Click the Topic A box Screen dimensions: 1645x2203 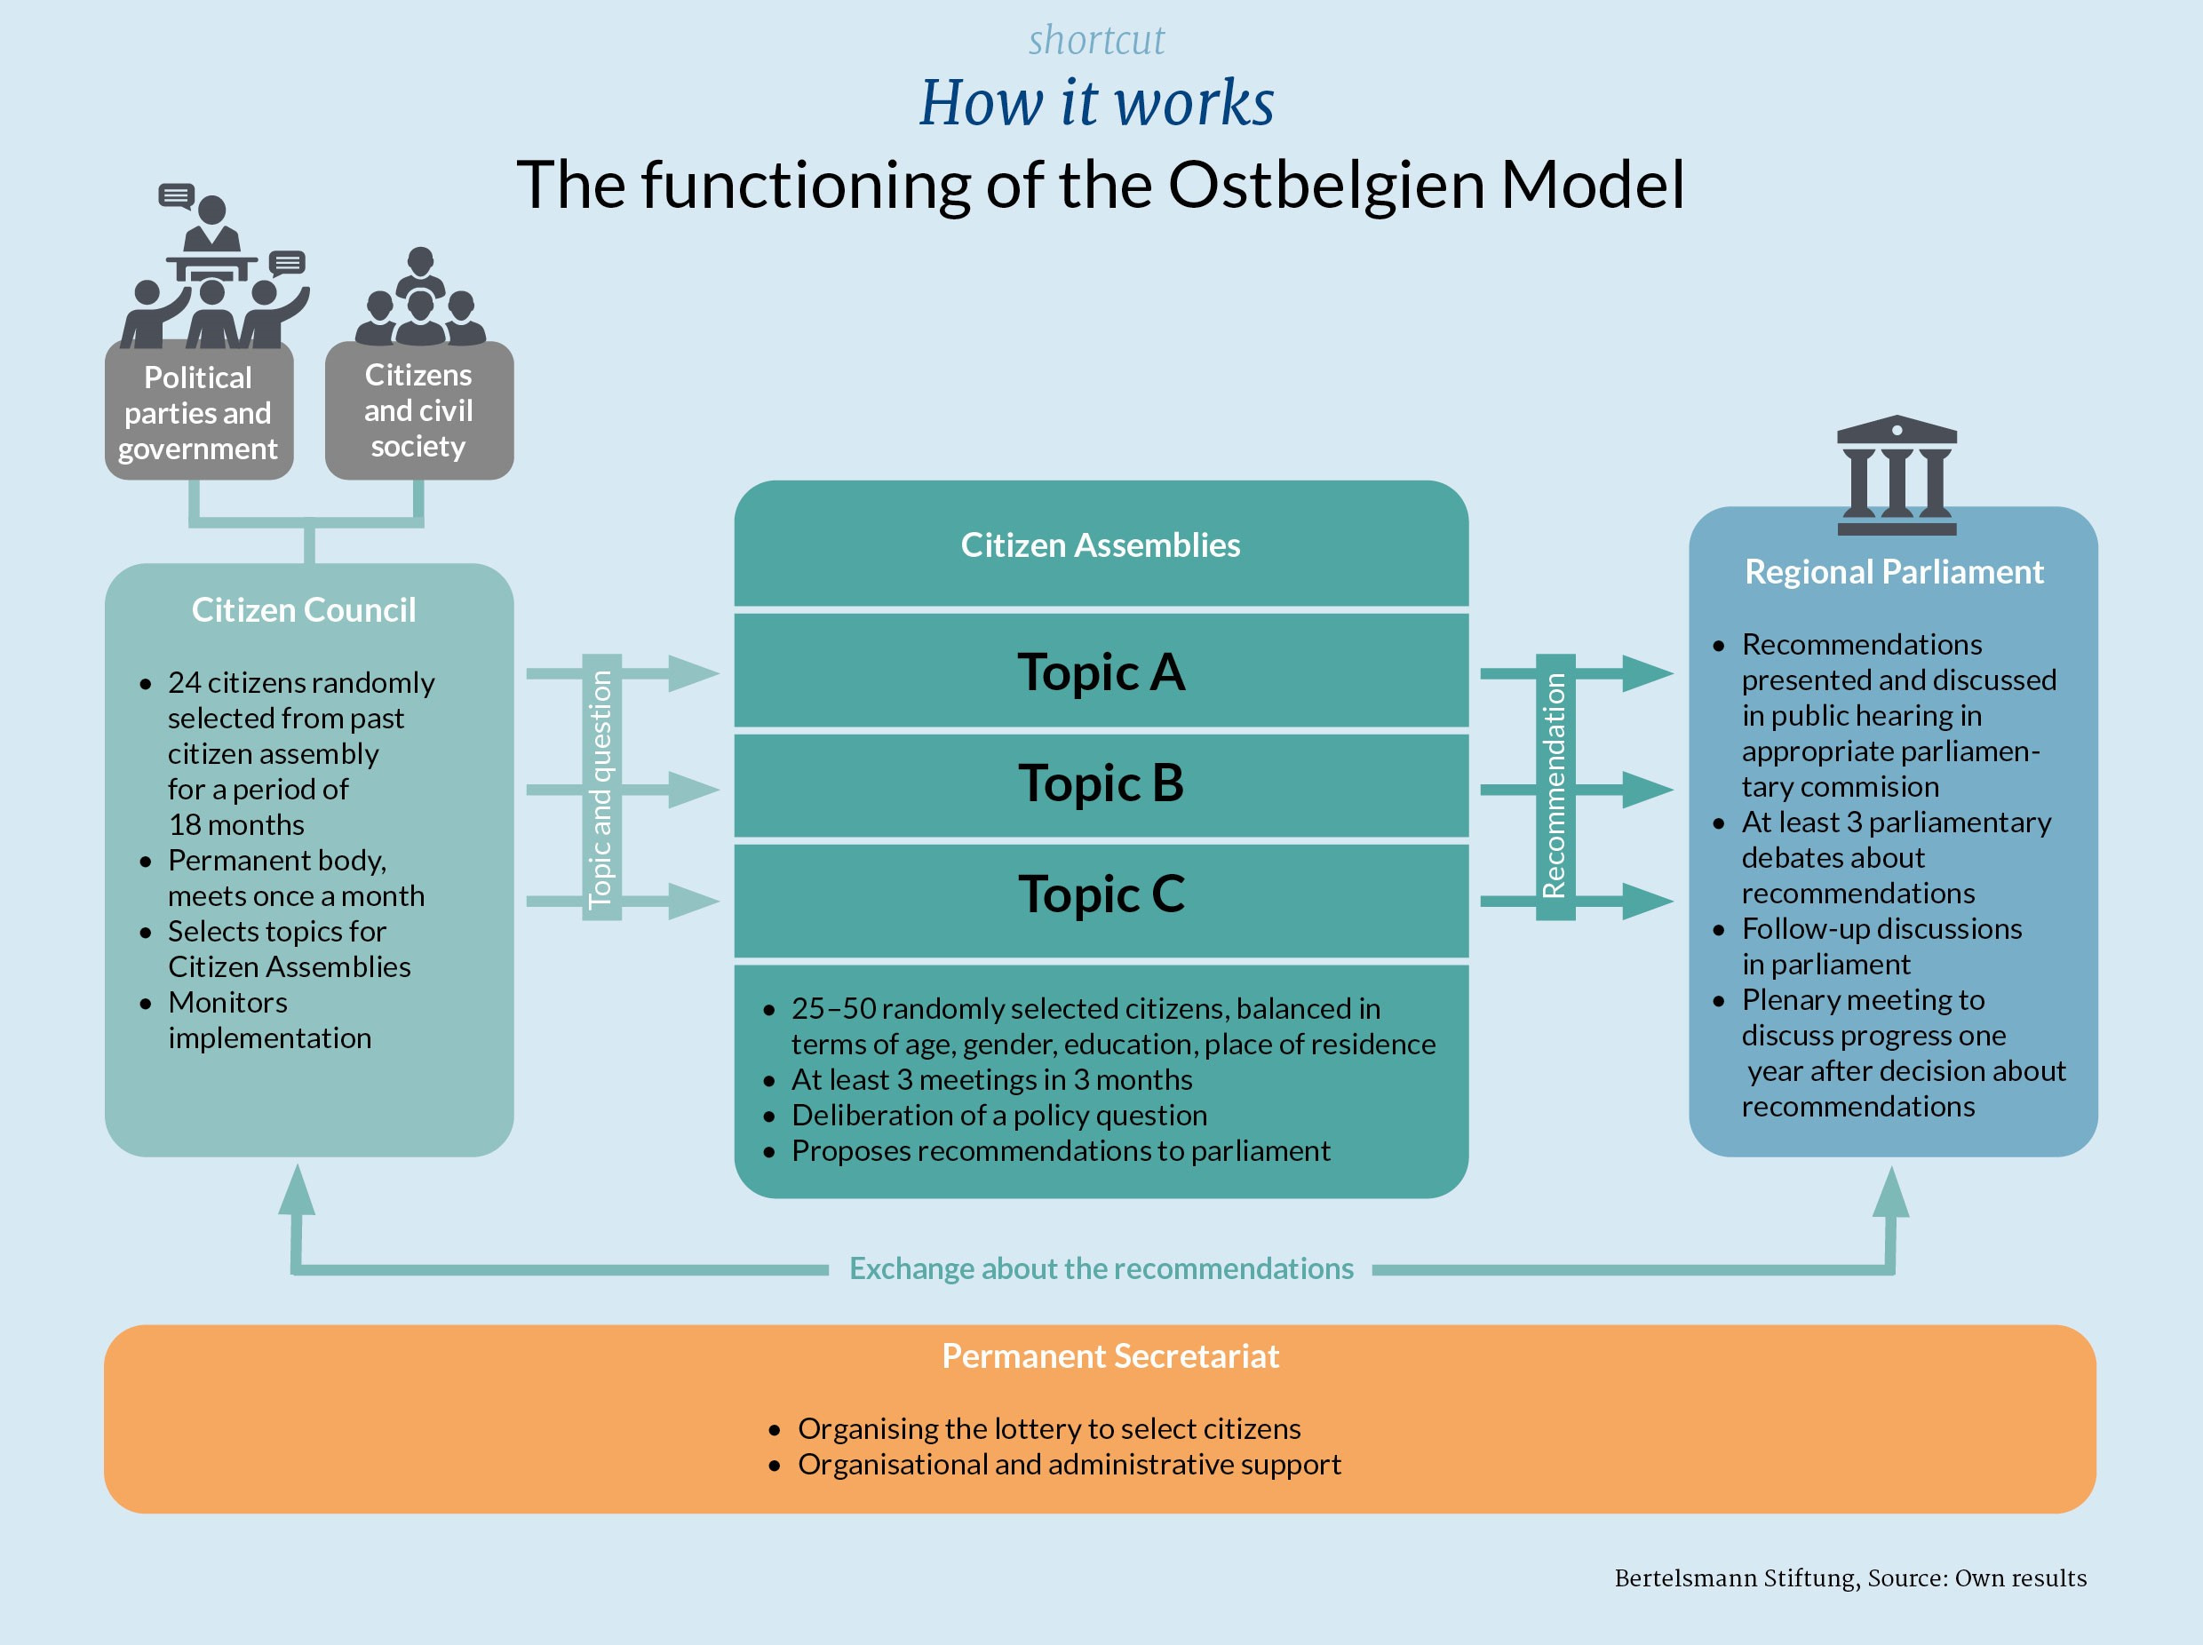[x=1101, y=672]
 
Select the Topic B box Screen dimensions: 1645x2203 [x=1101, y=783]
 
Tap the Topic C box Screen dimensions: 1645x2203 [x=1101, y=894]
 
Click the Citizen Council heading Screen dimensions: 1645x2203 [x=304, y=609]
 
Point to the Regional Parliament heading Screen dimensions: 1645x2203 [x=1893, y=571]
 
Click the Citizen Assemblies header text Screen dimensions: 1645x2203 [x=1101, y=544]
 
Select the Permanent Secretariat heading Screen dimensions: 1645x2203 [x=1109, y=1356]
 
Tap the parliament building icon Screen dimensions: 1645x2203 [x=1897, y=475]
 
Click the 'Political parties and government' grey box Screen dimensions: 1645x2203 [x=198, y=412]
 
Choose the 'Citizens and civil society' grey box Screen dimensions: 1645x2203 [x=418, y=410]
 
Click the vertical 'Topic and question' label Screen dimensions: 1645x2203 [x=600, y=788]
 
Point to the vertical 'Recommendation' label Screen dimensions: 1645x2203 [x=1555, y=787]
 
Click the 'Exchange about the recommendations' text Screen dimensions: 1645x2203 [x=1101, y=1268]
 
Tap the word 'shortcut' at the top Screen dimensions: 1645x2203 [x=1095, y=40]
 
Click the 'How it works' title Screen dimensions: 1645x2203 [x=1095, y=102]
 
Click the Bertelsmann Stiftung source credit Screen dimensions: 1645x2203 [x=1849, y=1578]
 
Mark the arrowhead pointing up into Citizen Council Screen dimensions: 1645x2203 [x=297, y=1190]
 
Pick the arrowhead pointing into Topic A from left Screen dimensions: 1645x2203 [x=693, y=673]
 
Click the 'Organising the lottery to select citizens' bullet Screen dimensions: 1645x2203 [x=1049, y=1429]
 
